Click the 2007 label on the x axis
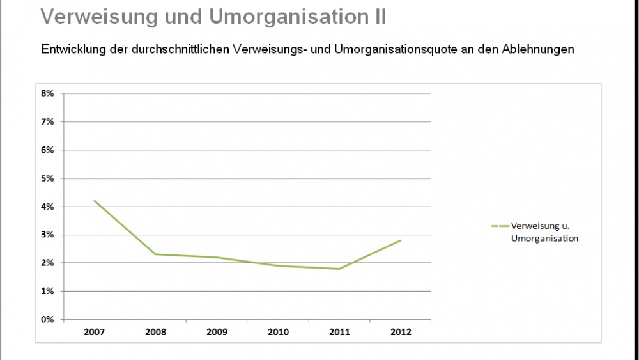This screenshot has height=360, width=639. (94, 332)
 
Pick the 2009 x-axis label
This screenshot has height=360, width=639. (217, 332)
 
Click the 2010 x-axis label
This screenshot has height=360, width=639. (279, 332)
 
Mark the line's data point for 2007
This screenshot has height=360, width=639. (94, 201)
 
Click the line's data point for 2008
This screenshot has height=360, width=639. (155, 254)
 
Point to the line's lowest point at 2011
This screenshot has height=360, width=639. (340, 269)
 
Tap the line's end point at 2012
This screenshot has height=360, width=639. (401, 240)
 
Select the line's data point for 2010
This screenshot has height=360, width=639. (279, 265)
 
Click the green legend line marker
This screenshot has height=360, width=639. (500, 226)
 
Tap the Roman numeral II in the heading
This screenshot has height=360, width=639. (378, 17)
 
